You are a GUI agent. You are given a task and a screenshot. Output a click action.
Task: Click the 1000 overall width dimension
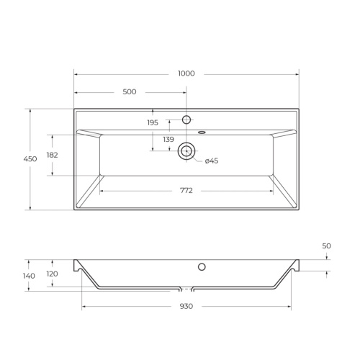pyautogui.click(x=186, y=73)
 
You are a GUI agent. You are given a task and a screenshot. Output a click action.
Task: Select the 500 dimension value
pyautogui.click(x=130, y=92)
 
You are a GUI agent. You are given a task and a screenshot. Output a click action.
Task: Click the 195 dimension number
pyautogui.click(x=153, y=123)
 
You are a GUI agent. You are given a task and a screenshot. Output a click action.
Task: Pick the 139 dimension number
pyautogui.click(x=168, y=139)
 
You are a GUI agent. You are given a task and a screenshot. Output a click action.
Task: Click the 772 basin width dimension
pyautogui.click(x=186, y=191)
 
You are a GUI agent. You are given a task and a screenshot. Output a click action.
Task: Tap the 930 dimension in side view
pyautogui.click(x=186, y=306)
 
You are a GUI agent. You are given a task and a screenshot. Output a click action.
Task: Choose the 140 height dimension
pyautogui.click(x=29, y=276)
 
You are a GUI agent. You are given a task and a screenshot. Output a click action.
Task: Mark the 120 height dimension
pyautogui.click(x=52, y=274)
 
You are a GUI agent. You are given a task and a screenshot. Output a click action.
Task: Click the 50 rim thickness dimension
pyautogui.click(x=326, y=246)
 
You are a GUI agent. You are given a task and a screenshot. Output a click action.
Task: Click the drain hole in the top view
pyautogui.click(x=186, y=150)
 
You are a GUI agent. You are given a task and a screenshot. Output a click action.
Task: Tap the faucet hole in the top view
pyautogui.click(x=186, y=120)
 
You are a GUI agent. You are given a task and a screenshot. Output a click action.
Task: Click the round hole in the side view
pyautogui.click(x=202, y=267)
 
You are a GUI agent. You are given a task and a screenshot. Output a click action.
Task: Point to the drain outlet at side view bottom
pyautogui.click(x=186, y=289)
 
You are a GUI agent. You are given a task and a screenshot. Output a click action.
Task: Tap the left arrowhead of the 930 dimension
pyautogui.click(x=84, y=306)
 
